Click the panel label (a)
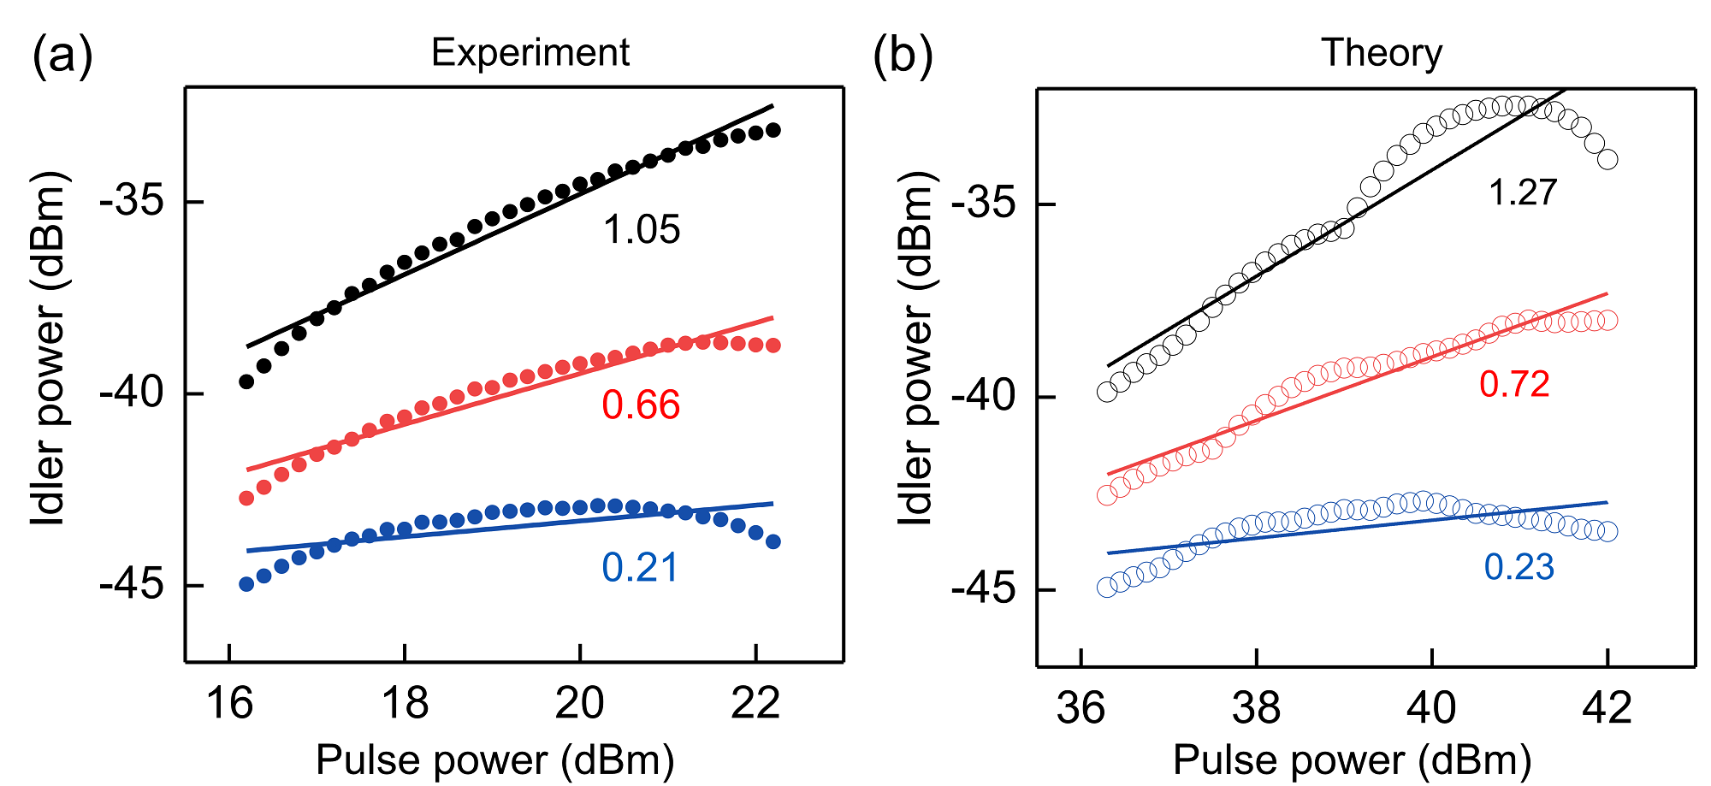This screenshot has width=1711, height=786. (62, 57)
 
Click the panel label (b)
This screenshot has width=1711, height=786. (903, 57)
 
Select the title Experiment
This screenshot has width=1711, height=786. (530, 53)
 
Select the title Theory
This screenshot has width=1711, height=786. (1382, 53)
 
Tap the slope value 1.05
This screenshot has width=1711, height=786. (642, 230)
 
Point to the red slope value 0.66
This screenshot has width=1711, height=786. (641, 405)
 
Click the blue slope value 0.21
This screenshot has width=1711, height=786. (640, 567)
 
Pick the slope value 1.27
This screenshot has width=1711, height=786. (1523, 192)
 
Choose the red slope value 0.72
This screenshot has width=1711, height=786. (1514, 384)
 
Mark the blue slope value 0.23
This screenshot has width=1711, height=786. (1519, 567)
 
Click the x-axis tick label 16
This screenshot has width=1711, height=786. (229, 705)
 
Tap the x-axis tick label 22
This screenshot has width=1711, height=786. (756, 705)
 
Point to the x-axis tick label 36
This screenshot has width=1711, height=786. (1081, 708)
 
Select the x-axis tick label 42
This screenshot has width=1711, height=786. (1607, 708)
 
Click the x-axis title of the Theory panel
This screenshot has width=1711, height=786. (1352, 760)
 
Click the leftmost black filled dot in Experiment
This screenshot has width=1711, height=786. (246, 381)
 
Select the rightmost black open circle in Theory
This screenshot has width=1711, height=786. (1607, 159)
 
